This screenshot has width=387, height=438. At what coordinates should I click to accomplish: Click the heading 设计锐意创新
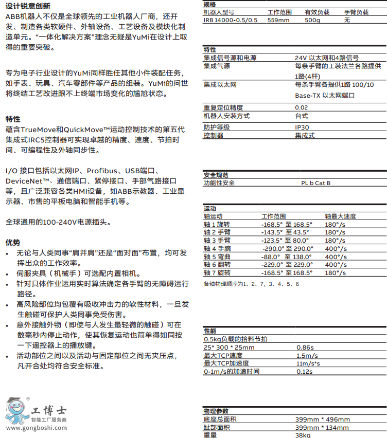coord(28,6)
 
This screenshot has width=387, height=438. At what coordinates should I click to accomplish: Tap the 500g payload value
coord(312,20)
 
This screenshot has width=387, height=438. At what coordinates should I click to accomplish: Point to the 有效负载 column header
coord(316,11)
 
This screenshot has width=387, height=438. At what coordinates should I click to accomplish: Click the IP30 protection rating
coord(302,127)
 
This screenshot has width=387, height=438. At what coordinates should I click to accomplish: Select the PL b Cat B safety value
coord(316,182)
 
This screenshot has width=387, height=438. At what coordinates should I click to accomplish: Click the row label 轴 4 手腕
coord(217,248)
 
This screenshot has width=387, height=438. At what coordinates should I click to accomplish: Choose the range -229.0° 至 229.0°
coord(287,265)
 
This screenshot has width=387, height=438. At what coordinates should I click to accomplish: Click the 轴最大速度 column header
coord(340,216)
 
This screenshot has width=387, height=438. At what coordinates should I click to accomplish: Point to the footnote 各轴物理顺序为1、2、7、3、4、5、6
coord(251,284)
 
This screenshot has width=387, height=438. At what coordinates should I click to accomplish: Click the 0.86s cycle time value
coord(305,348)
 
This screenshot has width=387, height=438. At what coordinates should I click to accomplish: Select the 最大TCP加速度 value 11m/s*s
coord(308,363)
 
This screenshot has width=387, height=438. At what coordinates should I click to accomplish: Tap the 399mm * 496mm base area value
coord(322,419)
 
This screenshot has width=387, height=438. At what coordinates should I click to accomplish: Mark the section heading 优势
coord(13,242)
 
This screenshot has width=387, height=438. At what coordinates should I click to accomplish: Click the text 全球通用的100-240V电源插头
coord(58,222)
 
